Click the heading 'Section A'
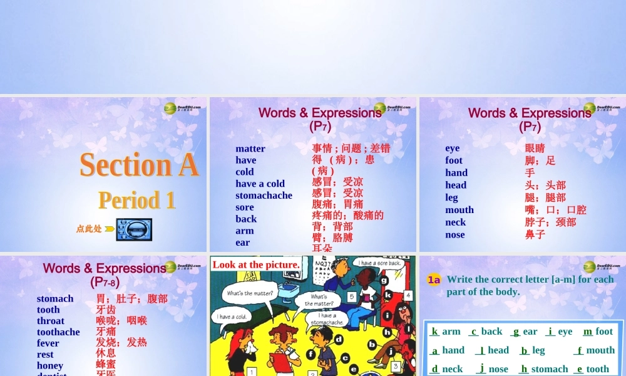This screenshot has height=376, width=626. point(138,165)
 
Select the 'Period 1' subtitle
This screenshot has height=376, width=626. point(137,200)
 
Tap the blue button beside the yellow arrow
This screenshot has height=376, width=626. point(133,229)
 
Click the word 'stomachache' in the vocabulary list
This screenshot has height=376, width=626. point(264,195)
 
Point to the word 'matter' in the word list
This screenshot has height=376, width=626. point(250,149)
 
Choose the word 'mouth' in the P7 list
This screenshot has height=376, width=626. point(459,210)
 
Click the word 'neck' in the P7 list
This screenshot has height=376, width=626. point(455,222)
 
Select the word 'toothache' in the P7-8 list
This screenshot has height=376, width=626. point(58,332)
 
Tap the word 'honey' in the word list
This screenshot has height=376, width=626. point(50,365)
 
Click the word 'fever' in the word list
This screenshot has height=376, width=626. point(48,343)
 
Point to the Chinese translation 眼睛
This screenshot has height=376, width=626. point(535,149)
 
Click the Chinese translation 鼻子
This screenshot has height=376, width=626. point(535,234)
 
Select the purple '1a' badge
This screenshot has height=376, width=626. point(434,279)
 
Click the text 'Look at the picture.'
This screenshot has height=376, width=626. point(256,264)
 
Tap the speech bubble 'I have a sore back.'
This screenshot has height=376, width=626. point(380,263)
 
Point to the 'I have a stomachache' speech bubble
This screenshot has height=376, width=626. point(327,319)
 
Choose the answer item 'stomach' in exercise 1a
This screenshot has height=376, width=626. point(549,369)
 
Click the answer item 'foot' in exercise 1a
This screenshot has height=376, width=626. point(604,332)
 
